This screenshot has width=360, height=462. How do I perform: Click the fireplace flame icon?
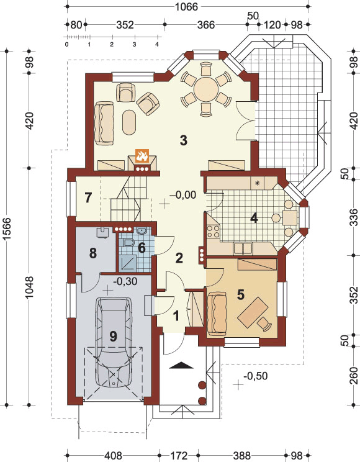click(x=142, y=156)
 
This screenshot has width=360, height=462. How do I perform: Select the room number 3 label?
click(x=184, y=140)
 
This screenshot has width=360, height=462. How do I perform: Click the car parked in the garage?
click(x=114, y=342)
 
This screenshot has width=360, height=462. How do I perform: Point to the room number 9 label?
click(x=113, y=336)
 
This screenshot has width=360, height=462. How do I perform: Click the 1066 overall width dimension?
click(x=186, y=6)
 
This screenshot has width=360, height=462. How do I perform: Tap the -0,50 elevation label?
click(x=256, y=376)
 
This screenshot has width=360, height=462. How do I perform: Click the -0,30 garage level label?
click(x=125, y=281)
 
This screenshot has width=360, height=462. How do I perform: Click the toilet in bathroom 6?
click(x=128, y=243)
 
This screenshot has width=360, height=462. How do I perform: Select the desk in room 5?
click(x=253, y=312)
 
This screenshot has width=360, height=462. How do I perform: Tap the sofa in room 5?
click(x=217, y=314)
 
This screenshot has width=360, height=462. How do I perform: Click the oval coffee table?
click(x=128, y=122)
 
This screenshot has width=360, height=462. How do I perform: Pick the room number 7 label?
click(x=88, y=197)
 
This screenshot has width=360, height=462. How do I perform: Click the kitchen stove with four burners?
click(x=214, y=231)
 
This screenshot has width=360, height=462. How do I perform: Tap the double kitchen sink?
click(x=243, y=248)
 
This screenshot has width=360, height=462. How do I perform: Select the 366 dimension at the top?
click(x=206, y=25)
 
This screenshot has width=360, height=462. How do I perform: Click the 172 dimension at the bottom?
click(x=179, y=456)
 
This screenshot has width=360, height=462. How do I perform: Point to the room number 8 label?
click(x=93, y=253)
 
